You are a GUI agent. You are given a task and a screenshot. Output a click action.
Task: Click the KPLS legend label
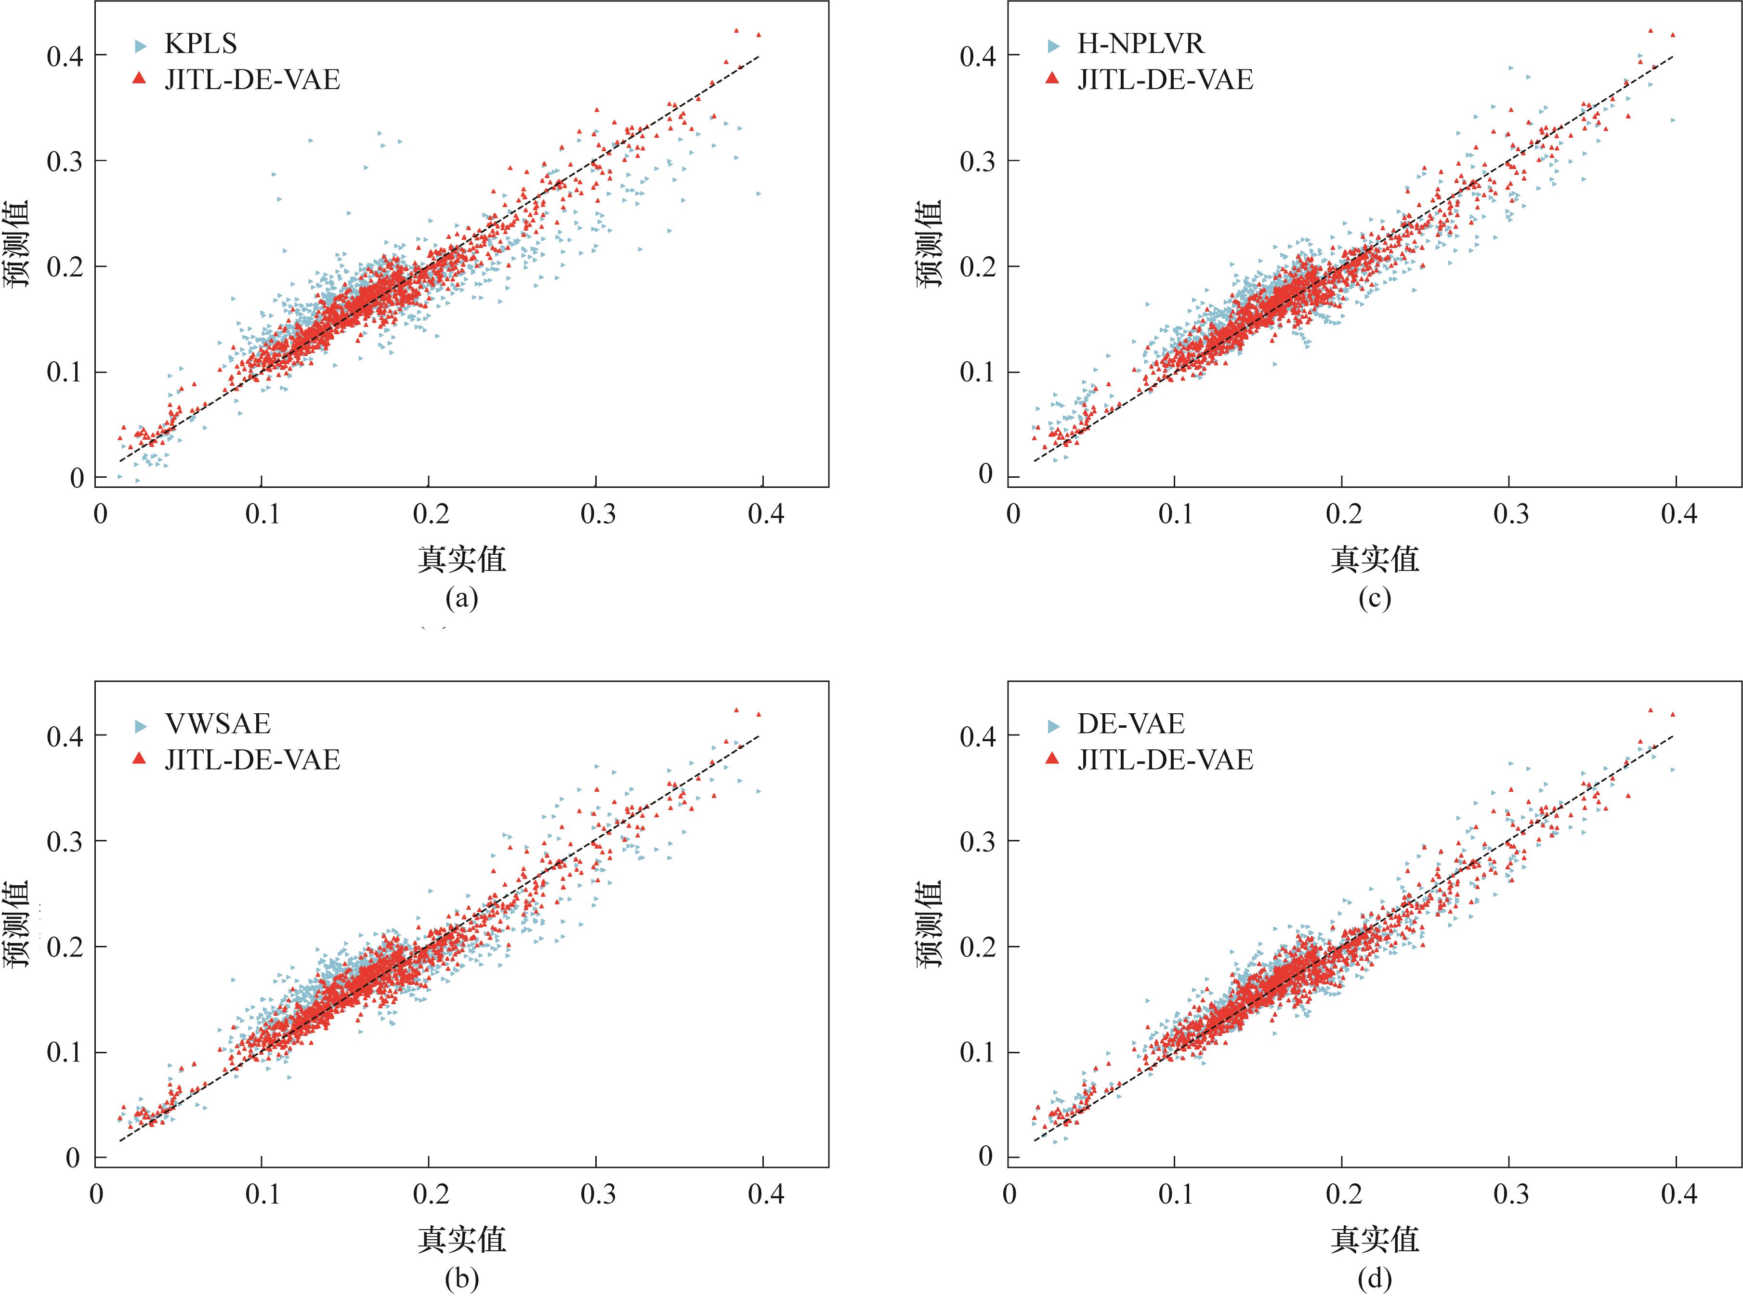tap(200, 44)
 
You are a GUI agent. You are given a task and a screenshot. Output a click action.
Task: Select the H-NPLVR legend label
tap(1140, 44)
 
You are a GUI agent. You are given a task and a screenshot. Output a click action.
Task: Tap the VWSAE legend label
tap(218, 724)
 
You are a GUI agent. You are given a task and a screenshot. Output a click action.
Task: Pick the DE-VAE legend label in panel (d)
tap(1130, 724)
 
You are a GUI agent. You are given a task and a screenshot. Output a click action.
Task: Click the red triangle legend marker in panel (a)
tap(140, 79)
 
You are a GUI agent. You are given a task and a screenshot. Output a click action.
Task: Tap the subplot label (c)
tap(1374, 599)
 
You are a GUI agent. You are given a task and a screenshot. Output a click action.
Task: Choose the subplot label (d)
tap(1374, 1279)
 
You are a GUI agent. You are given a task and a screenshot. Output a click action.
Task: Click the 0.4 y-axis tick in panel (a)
tap(65, 56)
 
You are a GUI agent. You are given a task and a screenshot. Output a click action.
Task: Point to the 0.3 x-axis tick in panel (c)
tap(1510, 514)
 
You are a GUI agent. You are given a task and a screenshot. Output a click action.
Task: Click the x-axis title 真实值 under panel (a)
tap(462, 559)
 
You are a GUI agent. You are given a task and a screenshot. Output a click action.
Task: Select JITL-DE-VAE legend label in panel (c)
tap(1165, 80)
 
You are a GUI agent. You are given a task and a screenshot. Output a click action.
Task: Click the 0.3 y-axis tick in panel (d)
tap(978, 842)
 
